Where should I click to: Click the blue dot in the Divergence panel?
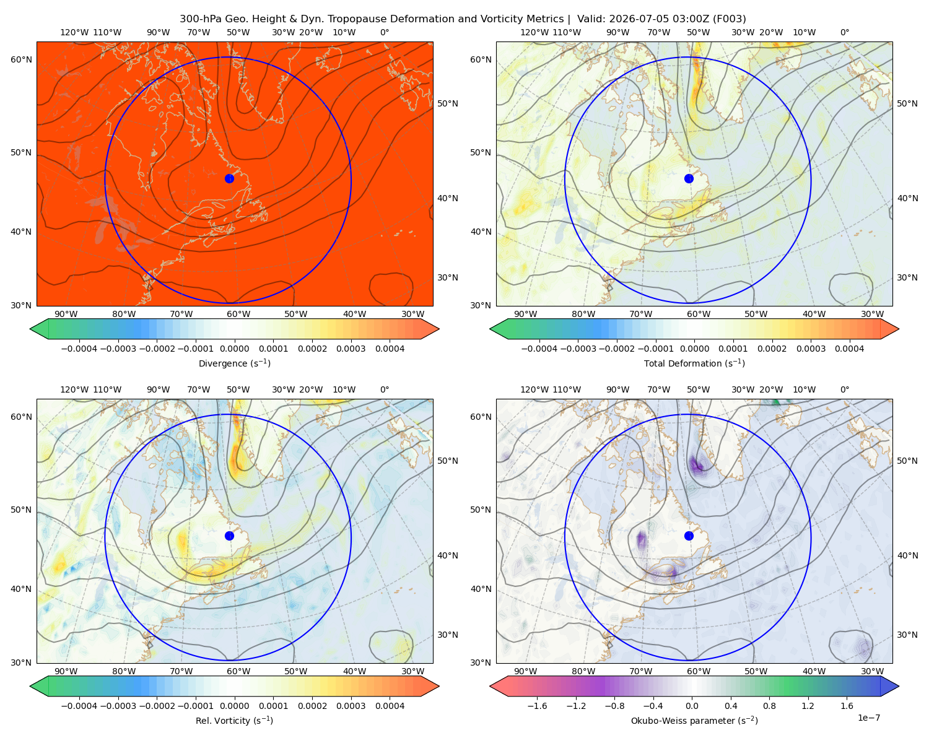coord(229,178)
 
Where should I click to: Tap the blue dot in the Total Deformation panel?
coord(689,178)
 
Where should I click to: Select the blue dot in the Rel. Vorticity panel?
coord(229,536)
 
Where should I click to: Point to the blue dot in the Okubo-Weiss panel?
coord(689,536)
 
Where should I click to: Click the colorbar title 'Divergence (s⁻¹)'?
coord(234,363)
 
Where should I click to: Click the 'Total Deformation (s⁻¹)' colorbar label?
coord(694,363)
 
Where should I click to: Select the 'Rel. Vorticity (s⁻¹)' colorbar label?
coord(234,720)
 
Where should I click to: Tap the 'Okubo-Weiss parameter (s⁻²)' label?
coord(694,720)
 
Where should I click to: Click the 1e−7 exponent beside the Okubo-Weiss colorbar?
coord(868,718)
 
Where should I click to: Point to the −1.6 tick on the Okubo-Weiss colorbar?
coord(537,705)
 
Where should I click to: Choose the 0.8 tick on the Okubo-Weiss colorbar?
coord(769,705)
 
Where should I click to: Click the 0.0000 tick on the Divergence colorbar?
coord(234,349)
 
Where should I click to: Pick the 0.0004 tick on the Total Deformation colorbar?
coord(849,349)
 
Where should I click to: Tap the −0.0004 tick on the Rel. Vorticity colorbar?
coord(79,705)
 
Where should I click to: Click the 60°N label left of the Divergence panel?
coord(21,59)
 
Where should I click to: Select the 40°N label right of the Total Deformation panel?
coord(907,198)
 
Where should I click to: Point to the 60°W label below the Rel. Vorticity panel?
coord(238,671)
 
